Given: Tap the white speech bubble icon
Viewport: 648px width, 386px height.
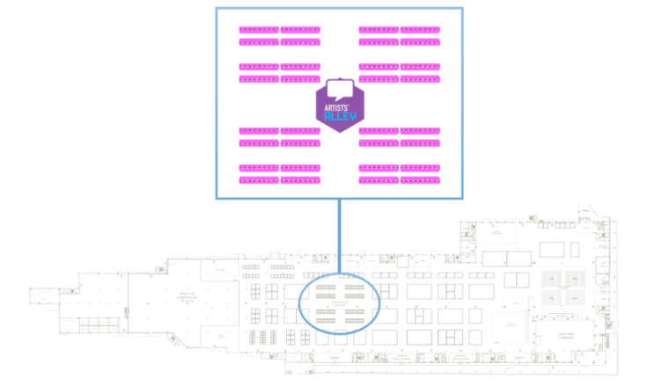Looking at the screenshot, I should [340, 90].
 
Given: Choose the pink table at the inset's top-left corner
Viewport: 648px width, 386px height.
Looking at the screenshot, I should [258, 30].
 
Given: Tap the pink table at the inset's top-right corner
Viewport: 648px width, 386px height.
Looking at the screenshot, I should [420, 30].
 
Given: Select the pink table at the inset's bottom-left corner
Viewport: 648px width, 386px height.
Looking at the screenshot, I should [258, 180].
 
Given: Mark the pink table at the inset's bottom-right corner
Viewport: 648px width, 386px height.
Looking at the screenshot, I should [420, 180].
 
